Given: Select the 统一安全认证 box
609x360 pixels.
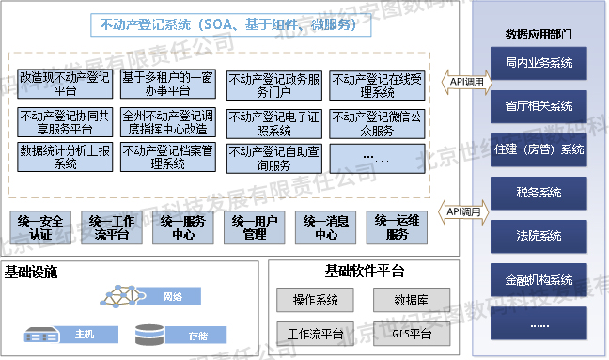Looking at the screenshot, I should pos(39,227).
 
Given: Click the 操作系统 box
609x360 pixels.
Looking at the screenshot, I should pos(315,301).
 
